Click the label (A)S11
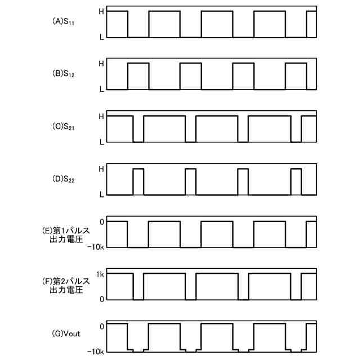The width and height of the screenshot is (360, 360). [x=63, y=22]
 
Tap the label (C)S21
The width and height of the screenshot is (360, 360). [x=63, y=128]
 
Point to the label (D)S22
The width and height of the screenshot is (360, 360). [x=63, y=180]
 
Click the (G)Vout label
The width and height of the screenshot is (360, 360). [x=66, y=334]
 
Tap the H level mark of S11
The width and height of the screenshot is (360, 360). [x=101, y=11]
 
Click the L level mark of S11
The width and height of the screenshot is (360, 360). [x=101, y=37]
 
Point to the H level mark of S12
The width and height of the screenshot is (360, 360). [x=101, y=64]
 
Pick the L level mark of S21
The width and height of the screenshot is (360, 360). [x=101, y=142]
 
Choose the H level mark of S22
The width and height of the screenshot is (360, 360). [x=101, y=168]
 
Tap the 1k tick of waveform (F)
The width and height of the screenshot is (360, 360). [x=100, y=274]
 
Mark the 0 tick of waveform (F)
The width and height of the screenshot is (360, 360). [x=101, y=299]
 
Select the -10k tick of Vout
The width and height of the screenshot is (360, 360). [x=96, y=352]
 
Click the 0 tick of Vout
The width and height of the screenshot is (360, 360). [x=101, y=326]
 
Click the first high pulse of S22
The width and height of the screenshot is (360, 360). [x=138, y=181]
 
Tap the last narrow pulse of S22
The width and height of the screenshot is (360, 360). [x=296, y=181]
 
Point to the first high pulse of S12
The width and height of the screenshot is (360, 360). [x=138, y=76]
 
